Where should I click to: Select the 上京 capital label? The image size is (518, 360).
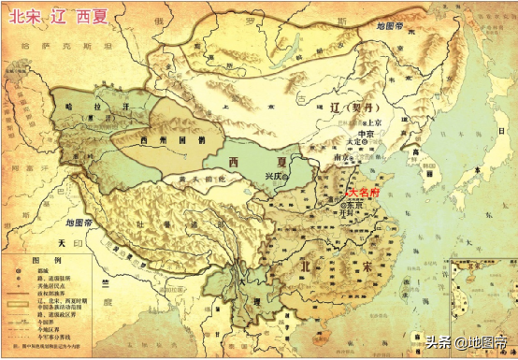pos(375,122)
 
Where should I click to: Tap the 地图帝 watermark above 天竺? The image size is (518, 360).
pos(80,224)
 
